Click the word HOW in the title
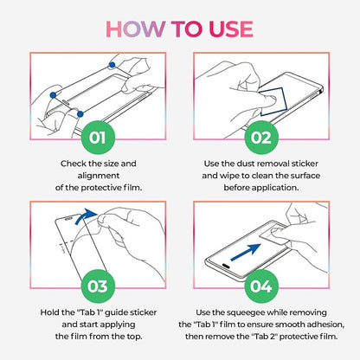coord(135,29)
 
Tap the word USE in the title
coord(231,29)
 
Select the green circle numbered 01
coord(98,138)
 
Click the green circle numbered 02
coord(261,138)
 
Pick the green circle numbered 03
coord(98,286)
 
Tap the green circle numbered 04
coord(261,286)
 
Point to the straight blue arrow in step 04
coord(246,253)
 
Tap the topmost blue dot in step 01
coord(112,65)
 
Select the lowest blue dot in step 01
coord(80,114)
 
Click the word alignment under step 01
coord(99,176)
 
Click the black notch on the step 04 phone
coord(226,265)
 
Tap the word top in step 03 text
coord(133,337)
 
